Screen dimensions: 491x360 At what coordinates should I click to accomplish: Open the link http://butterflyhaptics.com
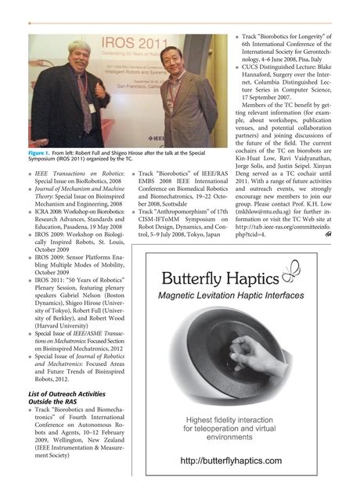(x=230, y=461)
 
